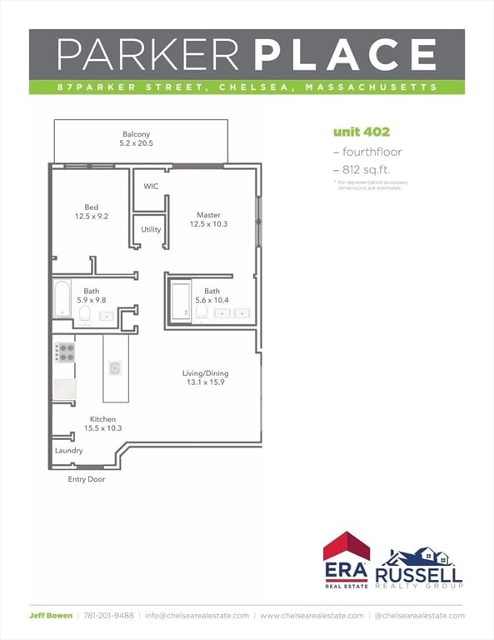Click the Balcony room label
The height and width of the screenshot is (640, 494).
[137, 134]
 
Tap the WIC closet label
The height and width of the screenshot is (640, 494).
[151, 186]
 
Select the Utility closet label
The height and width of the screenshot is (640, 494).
[151, 229]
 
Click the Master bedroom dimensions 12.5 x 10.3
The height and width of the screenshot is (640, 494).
[208, 224]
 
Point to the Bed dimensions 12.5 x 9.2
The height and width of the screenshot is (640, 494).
[92, 217]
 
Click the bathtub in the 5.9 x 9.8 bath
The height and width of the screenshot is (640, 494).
[62, 298]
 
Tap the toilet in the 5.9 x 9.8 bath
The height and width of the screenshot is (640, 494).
[84, 316]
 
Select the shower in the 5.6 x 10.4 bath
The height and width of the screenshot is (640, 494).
[181, 302]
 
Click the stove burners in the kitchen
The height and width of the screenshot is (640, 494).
[64, 352]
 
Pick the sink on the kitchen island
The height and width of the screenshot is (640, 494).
[115, 368]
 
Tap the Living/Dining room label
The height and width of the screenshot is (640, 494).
[205, 373]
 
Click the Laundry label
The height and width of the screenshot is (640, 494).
[69, 450]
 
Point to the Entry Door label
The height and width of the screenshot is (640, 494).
[87, 479]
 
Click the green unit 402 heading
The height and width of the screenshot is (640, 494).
[362, 132]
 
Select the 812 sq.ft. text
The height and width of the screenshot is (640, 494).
[367, 170]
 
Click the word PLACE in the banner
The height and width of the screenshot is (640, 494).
[346, 54]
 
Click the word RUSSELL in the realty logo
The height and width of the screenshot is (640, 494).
[418, 575]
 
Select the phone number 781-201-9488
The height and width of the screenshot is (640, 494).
[108, 616]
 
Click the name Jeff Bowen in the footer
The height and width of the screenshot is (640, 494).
[51, 616]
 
